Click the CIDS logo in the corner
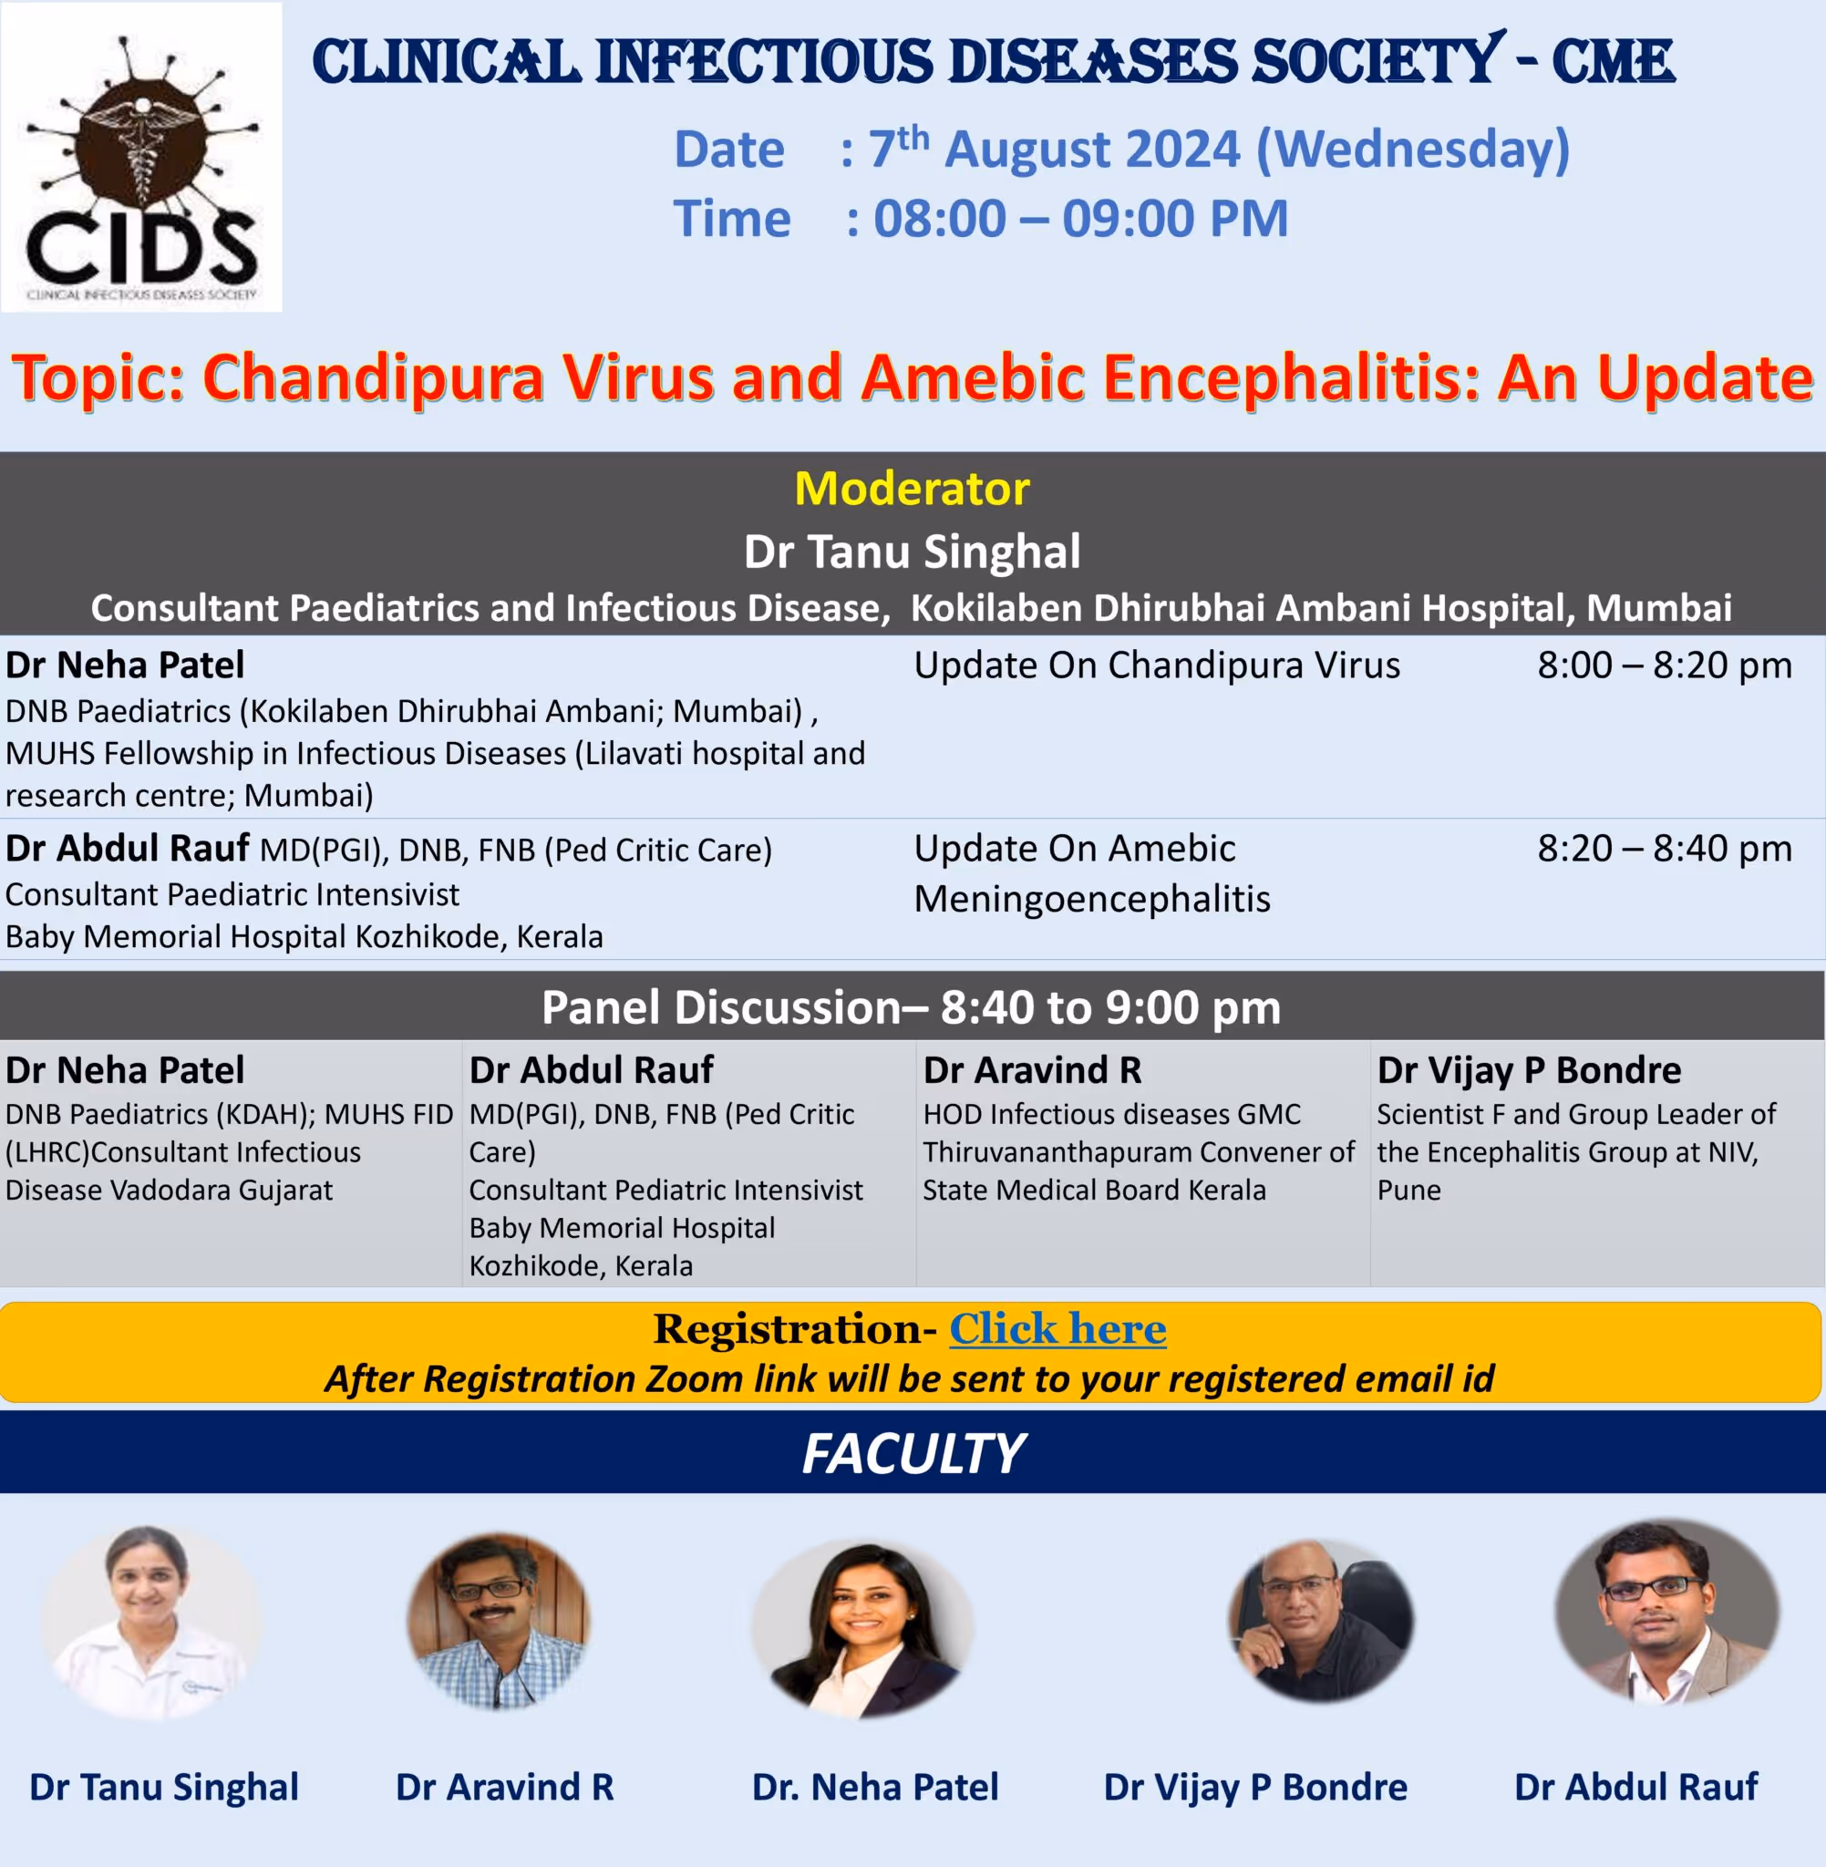pos(142,158)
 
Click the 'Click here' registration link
pos(1057,1329)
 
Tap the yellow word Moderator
pos(912,488)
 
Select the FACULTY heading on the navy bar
pos(913,1453)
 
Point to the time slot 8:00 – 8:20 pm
pos(1665,665)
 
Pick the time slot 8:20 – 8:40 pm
pos(1665,848)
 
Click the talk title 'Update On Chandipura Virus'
pos(1157,665)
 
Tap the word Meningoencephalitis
pos(1092,900)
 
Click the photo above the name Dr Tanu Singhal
pos(150,1622)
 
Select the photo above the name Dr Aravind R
pos(499,1622)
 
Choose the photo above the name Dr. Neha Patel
pos(863,1628)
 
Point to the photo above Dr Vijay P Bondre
pos(1321,1621)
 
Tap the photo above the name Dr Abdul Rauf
pos(1666,1612)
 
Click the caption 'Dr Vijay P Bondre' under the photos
pos(1255,1788)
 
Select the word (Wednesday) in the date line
pos(1413,150)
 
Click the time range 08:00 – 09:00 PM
pos(1081,219)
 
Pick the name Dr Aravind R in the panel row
pos(1032,1070)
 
